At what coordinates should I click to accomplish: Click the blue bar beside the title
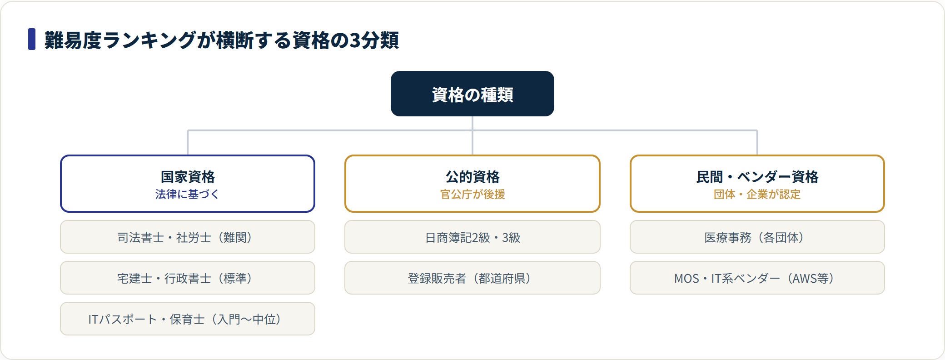[x=32, y=39]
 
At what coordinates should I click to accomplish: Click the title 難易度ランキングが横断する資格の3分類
[x=222, y=40]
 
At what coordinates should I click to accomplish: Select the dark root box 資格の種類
[x=472, y=94]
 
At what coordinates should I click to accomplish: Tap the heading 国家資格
[x=188, y=176]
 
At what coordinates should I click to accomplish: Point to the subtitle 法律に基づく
[x=187, y=194]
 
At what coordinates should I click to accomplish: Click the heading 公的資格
[x=472, y=176]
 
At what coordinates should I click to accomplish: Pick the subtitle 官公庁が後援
[x=472, y=194]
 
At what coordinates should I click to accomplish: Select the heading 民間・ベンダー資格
[x=757, y=176]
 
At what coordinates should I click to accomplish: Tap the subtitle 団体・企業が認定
[x=757, y=194]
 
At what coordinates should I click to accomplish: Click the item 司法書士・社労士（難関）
[x=188, y=237]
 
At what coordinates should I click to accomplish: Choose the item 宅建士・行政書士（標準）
[x=188, y=278]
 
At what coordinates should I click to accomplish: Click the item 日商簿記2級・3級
[x=472, y=237]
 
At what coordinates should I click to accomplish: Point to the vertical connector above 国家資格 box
[x=188, y=143]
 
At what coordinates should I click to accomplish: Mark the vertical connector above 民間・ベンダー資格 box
[x=757, y=143]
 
